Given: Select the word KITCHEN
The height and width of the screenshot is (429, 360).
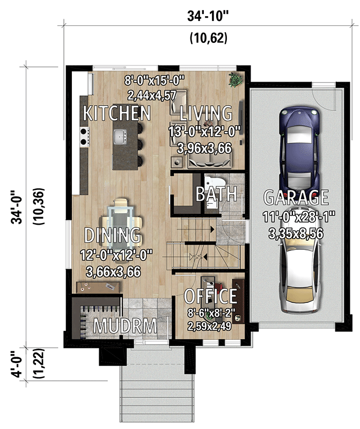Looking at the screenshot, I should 116,113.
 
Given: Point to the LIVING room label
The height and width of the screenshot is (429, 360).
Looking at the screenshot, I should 206,113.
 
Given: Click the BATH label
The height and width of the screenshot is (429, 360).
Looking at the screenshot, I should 216,194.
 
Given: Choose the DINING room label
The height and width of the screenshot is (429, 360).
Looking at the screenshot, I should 113,235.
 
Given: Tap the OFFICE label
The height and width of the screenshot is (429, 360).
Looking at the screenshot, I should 210,296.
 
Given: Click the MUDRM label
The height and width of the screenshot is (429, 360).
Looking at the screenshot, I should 126,326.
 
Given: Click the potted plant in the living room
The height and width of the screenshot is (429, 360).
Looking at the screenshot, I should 235,80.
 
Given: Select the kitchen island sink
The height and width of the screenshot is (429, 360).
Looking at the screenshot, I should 119,137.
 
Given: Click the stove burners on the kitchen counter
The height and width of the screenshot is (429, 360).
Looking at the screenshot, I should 84,136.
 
